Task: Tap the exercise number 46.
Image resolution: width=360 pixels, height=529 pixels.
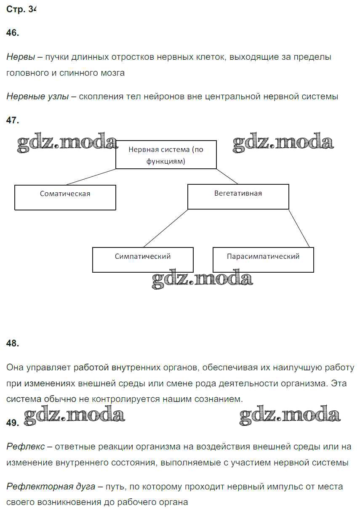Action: [13, 33]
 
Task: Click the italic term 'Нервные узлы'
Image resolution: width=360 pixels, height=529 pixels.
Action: [37, 96]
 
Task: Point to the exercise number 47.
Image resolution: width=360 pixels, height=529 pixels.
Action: [13, 120]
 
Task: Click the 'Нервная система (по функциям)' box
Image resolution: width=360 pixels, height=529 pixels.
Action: [166, 155]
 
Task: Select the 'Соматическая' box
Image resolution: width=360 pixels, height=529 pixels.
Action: [65, 197]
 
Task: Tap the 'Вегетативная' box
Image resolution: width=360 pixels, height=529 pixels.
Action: [238, 197]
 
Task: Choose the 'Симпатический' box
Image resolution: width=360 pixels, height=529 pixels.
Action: [143, 259]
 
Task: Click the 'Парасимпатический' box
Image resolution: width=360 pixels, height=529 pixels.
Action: [263, 259]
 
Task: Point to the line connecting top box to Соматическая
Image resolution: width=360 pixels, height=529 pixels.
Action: [91, 177]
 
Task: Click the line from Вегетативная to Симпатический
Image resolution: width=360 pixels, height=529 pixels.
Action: [165, 228]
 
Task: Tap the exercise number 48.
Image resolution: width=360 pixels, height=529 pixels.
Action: [13, 343]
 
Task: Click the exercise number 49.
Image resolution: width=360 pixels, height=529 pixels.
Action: [13, 423]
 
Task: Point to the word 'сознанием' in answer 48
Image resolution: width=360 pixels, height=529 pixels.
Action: [221, 399]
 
